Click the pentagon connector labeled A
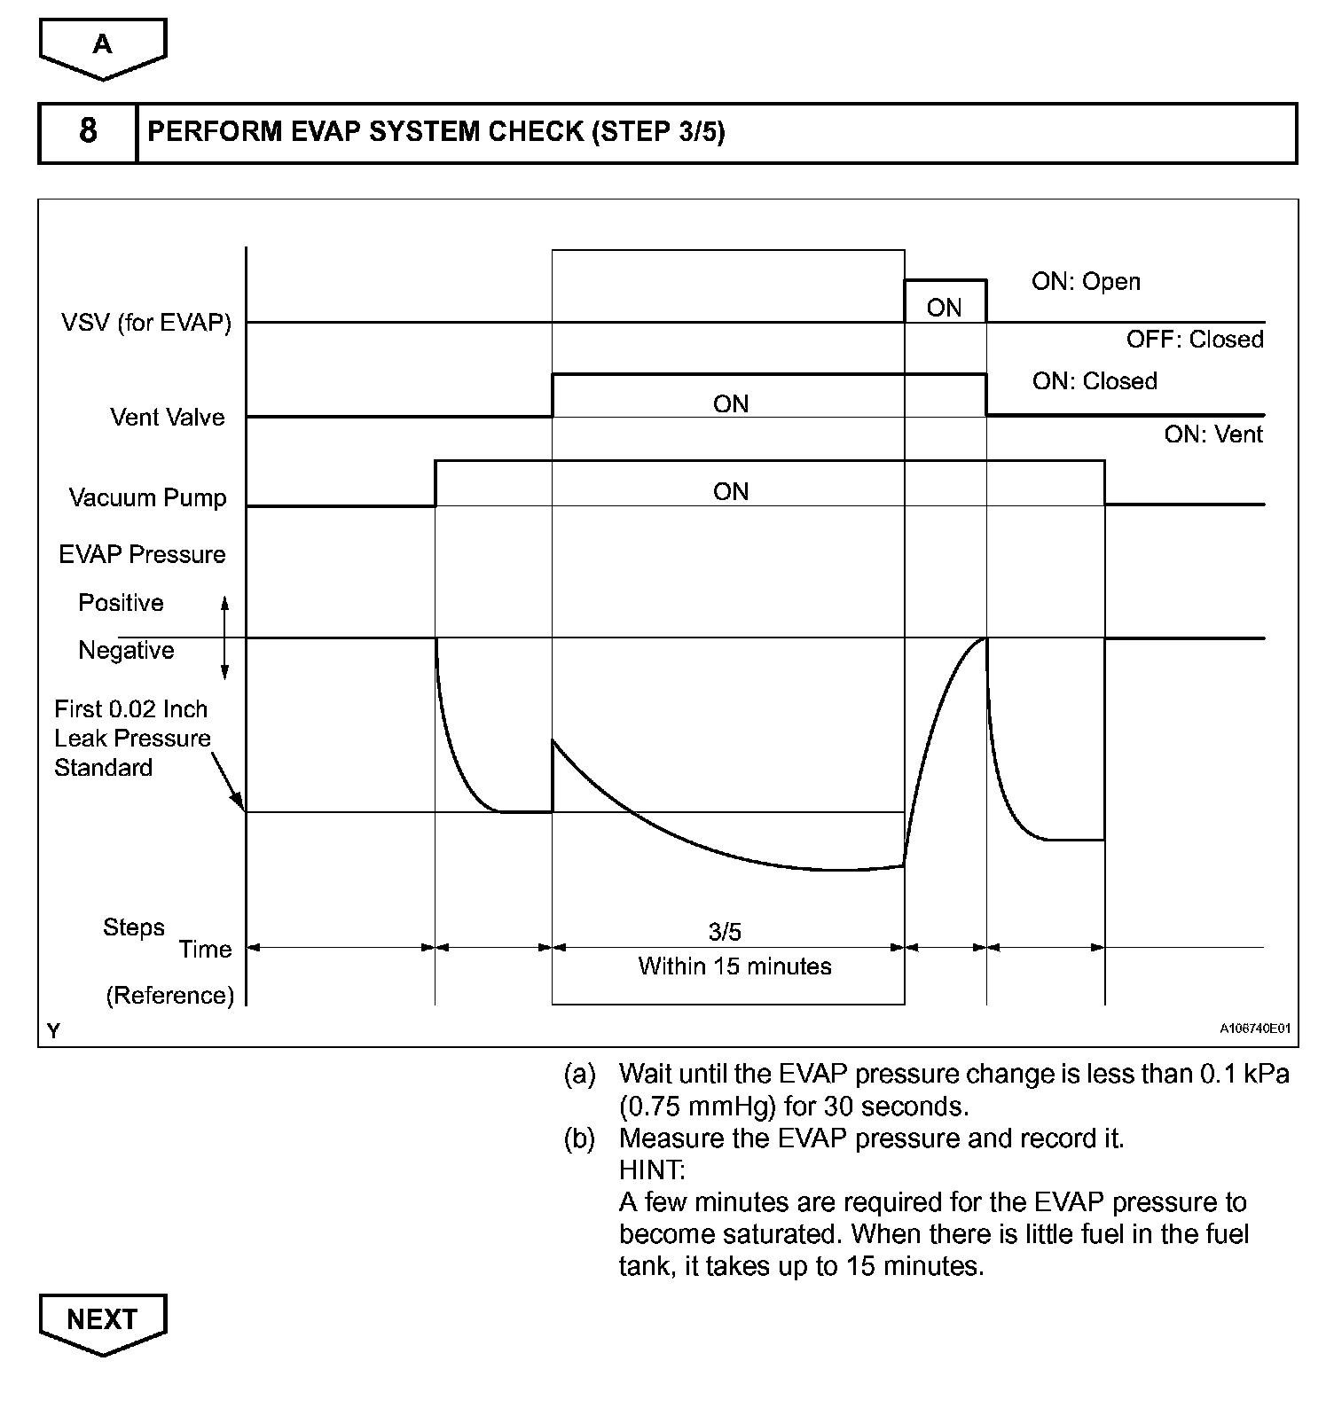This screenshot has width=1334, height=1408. [103, 47]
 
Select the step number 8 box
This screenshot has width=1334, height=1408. [88, 132]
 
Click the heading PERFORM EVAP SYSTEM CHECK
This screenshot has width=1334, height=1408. [436, 132]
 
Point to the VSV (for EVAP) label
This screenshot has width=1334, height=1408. [146, 323]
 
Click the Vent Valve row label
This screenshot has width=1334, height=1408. [168, 418]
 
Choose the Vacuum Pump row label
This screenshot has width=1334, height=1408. [148, 498]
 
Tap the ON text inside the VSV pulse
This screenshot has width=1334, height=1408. [944, 309]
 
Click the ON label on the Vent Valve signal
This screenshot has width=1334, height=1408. [731, 404]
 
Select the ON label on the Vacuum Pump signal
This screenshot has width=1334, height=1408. [731, 492]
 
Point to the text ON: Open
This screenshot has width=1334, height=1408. [1086, 282]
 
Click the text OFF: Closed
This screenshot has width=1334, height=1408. [1195, 340]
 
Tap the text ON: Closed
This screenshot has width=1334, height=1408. [1095, 381]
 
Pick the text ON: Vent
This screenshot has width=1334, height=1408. [1213, 434]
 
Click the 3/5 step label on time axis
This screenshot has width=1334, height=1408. [725, 932]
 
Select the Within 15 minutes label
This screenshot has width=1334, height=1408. [734, 966]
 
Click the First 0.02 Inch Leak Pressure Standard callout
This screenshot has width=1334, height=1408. [132, 739]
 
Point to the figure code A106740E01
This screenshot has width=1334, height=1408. [1254, 1029]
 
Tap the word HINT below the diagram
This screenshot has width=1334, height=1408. [652, 1170]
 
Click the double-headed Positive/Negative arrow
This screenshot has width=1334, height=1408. [225, 638]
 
